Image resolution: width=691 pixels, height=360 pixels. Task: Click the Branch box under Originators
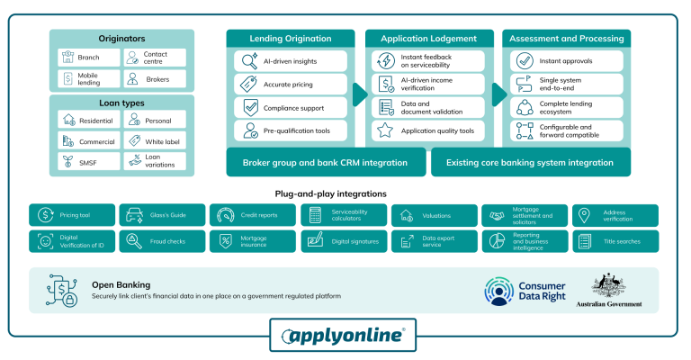(x=87, y=57)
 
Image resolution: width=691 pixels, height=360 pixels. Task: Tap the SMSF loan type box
(x=87, y=161)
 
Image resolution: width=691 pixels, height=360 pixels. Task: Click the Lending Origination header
(x=292, y=39)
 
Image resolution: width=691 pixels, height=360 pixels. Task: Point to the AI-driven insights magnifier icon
(x=248, y=61)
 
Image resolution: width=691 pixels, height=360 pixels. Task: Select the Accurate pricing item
(x=292, y=85)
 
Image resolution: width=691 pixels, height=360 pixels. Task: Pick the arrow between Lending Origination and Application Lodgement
(x=359, y=94)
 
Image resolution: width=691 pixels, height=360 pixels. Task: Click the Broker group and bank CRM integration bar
(x=325, y=163)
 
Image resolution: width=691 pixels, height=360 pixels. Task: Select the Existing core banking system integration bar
(x=532, y=163)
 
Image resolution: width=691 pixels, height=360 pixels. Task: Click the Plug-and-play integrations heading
(x=330, y=193)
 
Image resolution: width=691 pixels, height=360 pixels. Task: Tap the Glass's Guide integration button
(x=163, y=216)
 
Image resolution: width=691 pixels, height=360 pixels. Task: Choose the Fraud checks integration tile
(x=163, y=241)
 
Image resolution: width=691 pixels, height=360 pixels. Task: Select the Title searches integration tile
(x=615, y=241)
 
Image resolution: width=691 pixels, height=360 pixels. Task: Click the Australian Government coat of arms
(x=609, y=286)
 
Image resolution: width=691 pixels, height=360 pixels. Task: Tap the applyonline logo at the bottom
(x=345, y=336)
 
